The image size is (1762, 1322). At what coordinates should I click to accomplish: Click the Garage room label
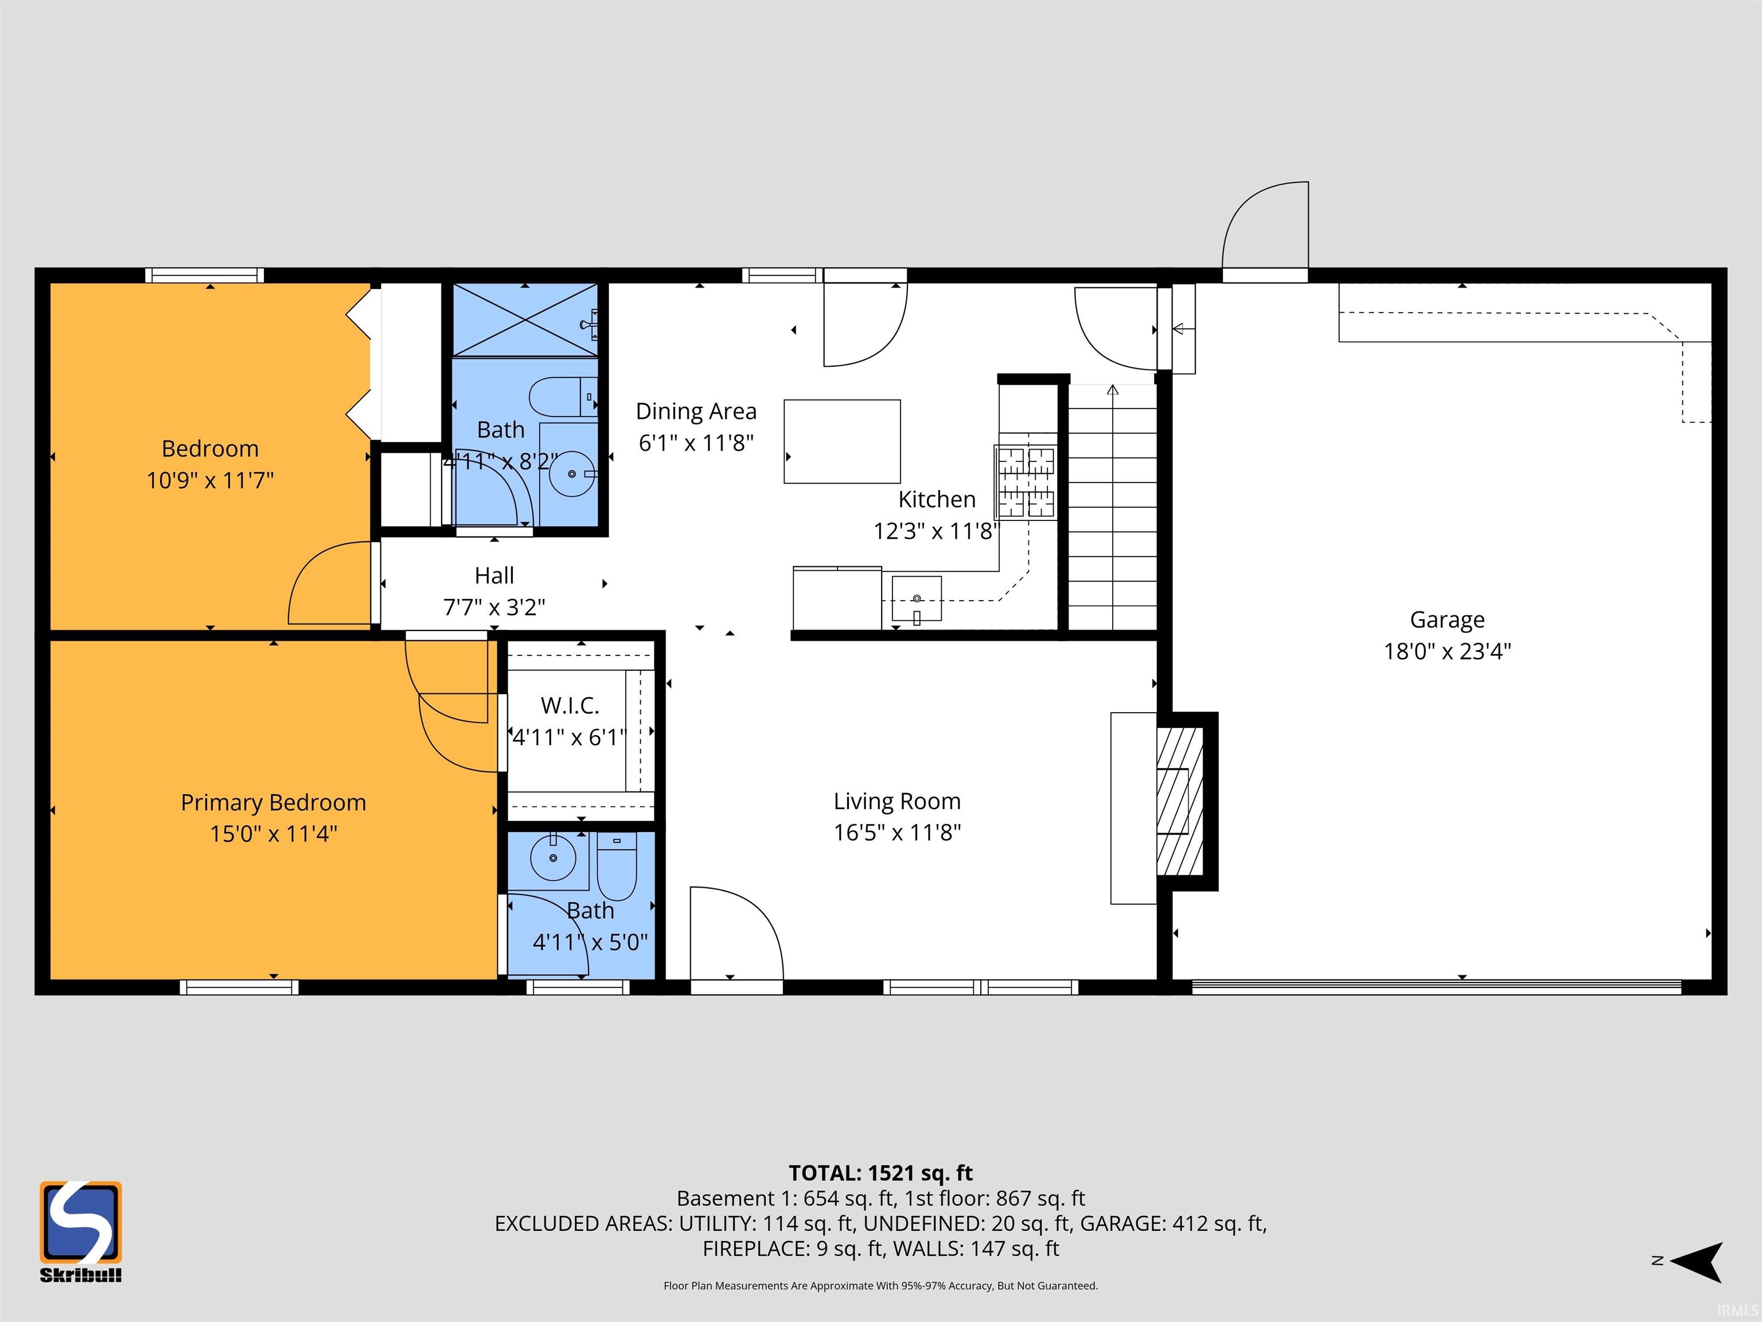pos(1447,619)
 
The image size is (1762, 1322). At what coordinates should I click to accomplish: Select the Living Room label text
pos(897,801)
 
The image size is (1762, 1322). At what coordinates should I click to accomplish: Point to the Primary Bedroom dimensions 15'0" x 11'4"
pos(273,834)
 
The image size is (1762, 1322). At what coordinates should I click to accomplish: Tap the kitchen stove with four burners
pos(1027,482)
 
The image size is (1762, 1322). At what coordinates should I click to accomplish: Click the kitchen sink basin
pos(917,598)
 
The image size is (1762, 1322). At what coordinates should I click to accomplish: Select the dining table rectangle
pos(842,441)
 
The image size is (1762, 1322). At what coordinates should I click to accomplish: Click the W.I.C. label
pos(570,705)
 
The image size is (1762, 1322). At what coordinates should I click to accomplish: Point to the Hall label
pos(494,576)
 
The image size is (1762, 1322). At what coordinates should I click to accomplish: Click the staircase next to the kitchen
pos(1112,508)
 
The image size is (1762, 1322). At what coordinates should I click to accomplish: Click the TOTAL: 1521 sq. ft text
pos(881,1173)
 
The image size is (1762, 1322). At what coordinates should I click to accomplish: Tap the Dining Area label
pos(696,411)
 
